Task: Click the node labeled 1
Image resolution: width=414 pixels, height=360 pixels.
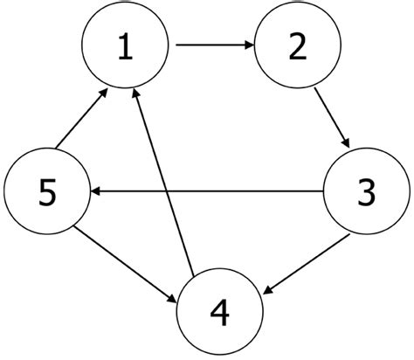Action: point(124,49)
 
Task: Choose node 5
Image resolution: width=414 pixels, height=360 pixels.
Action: point(45,190)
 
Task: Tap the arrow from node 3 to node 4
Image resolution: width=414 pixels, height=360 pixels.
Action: point(309,258)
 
